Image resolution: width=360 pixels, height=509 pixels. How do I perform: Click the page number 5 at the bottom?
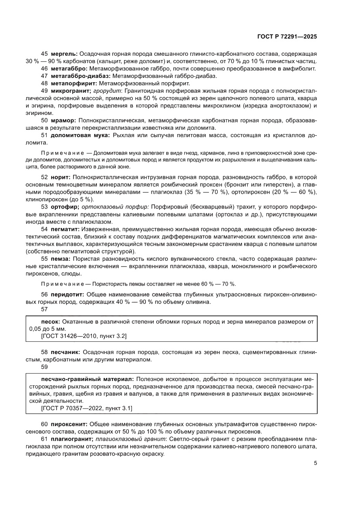tap(315, 463)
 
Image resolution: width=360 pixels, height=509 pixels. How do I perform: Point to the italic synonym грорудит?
tap(105, 91)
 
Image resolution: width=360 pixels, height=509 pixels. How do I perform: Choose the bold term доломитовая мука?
tap(80, 135)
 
